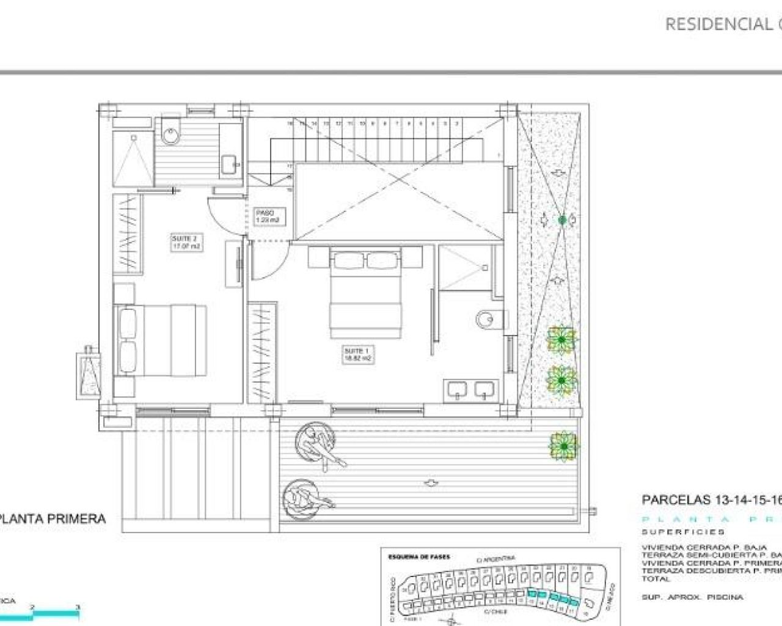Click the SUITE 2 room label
pyautogui.click(x=186, y=242)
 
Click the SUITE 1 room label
pyautogui.click(x=357, y=355)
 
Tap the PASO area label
pyautogui.click(x=268, y=216)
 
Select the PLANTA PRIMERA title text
pyautogui.click(x=53, y=519)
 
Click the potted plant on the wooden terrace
pyautogui.click(x=563, y=446)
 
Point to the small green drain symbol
pyautogui.click(x=562, y=219)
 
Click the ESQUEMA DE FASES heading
pyautogui.click(x=419, y=557)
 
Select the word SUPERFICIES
pyautogui.click(x=683, y=532)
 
